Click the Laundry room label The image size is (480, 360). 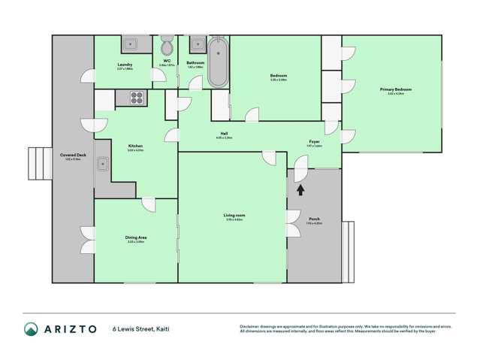pyautogui.click(x=125, y=65)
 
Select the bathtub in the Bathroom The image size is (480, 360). pyautogui.click(x=217, y=64)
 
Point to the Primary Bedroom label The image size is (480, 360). pyautogui.click(x=395, y=89)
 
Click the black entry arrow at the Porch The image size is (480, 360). pyautogui.click(x=300, y=190)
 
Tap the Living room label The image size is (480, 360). pyautogui.click(x=234, y=216)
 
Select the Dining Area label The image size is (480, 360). pyautogui.click(x=136, y=237)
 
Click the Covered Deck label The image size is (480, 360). pyautogui.click(x=73, y=155)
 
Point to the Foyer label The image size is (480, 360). pyautogui.click(x=315, y=141)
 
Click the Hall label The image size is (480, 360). pyautogui.click(x=224, y=134)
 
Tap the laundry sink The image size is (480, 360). pyautogui.click(x=130, y=44)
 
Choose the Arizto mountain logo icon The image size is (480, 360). pyautogui.click(x=31, y=329)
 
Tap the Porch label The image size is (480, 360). pyautogui.click(x=314, y=219)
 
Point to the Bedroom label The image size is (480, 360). pyautogui.click(x=278, y=75)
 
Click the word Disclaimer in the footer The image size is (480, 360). pyautogui.click(x=249, y=325)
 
